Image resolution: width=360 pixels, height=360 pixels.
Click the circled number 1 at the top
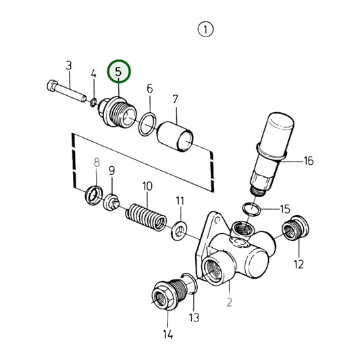pos(205,30)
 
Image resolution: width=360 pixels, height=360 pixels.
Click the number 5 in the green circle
pos(118,72)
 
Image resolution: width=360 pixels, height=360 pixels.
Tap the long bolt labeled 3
pos(67,91)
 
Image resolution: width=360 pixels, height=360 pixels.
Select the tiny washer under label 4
pos(93,103)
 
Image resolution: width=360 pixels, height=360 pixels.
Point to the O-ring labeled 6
pos(148,124)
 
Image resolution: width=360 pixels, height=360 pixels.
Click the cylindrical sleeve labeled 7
pos(175,136)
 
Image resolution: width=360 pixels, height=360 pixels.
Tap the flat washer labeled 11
pos(179,230)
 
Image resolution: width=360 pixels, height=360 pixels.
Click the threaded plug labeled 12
pos(295,228)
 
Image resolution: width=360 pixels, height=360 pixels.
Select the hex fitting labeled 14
pos(169,294)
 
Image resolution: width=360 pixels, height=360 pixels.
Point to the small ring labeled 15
pos(252,209)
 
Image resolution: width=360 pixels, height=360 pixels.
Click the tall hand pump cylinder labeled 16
pos(272,154)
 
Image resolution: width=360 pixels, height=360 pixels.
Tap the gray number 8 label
pos(97,162)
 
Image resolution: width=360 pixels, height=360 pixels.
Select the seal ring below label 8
pos(94,195)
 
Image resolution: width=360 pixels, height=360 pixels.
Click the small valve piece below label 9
pos(111,202)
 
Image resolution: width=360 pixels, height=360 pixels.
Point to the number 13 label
pos(194,317)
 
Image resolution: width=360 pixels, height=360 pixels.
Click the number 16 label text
pos(309,161)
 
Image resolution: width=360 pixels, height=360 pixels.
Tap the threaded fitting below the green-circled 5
pos(117,112)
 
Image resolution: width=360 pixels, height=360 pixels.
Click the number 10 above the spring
pos(147,186)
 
